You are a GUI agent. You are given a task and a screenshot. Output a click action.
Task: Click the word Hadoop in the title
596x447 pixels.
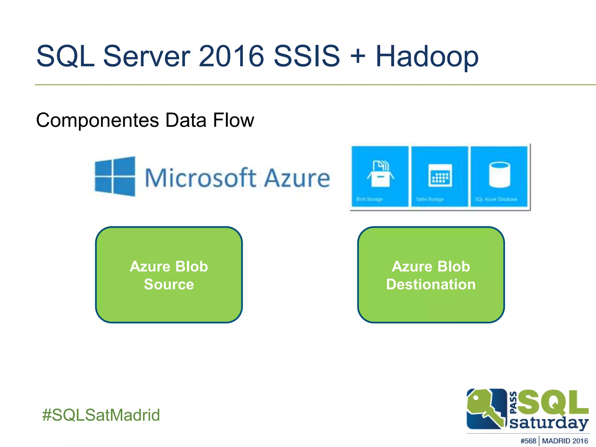(x=427, y=56)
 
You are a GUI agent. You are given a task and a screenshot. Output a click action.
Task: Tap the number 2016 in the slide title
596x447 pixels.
(x=231, y=56)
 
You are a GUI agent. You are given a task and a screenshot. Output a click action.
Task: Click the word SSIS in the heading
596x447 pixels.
(x=307, y=56)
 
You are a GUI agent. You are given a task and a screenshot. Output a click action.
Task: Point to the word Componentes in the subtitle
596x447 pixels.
(x=97, y=120)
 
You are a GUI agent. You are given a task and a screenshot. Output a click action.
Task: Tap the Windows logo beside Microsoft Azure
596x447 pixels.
(x=115, y=176)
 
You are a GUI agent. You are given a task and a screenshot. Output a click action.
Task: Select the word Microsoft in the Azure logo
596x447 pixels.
(x=201, y=178)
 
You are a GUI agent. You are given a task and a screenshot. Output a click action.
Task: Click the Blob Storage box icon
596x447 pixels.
(x=380, y=174)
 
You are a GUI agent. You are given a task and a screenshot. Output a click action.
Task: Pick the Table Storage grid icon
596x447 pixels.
(x=440, y=175)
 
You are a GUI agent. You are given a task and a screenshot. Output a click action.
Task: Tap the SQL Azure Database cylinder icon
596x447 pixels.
(x=499, y=175)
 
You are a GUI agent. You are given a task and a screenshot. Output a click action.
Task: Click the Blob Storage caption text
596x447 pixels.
(x=370, y=199)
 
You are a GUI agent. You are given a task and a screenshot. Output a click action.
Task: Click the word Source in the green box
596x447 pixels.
(x=169, y=284)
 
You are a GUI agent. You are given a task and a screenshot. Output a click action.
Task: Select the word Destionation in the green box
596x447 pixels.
(x=431, y=284)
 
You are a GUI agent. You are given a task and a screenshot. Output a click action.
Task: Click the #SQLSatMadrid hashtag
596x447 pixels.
(x=101, y=415)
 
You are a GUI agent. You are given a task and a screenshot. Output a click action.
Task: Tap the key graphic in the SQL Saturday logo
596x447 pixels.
(x=485, y=409)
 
